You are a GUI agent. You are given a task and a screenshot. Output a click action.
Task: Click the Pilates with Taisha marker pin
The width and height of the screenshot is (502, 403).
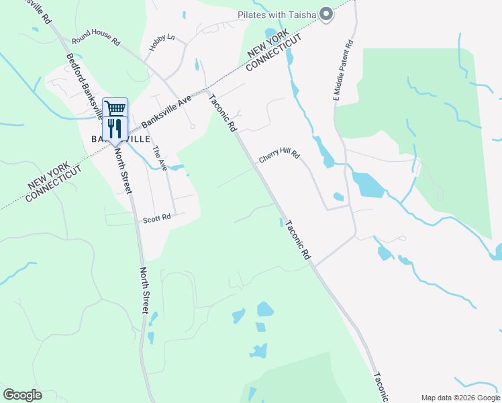tap(327, 14)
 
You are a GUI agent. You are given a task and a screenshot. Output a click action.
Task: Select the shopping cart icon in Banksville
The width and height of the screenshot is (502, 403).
tap(115, 107)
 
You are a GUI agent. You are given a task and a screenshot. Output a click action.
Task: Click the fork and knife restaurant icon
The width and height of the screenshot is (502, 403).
tap(115, 128)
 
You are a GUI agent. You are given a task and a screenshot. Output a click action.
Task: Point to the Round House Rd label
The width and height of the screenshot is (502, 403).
tap(95, 38)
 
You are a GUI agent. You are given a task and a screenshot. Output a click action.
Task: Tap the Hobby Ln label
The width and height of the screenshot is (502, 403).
tap(162, 43)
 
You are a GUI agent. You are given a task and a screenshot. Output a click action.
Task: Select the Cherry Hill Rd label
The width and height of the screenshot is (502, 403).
tap(279, 154)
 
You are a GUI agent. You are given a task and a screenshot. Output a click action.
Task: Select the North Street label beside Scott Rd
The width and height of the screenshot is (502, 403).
tap(144, 289)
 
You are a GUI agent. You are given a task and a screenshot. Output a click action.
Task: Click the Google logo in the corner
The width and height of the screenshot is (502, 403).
tap(22, 394)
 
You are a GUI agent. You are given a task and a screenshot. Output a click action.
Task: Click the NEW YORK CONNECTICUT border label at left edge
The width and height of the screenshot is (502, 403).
tap(54, 182)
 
